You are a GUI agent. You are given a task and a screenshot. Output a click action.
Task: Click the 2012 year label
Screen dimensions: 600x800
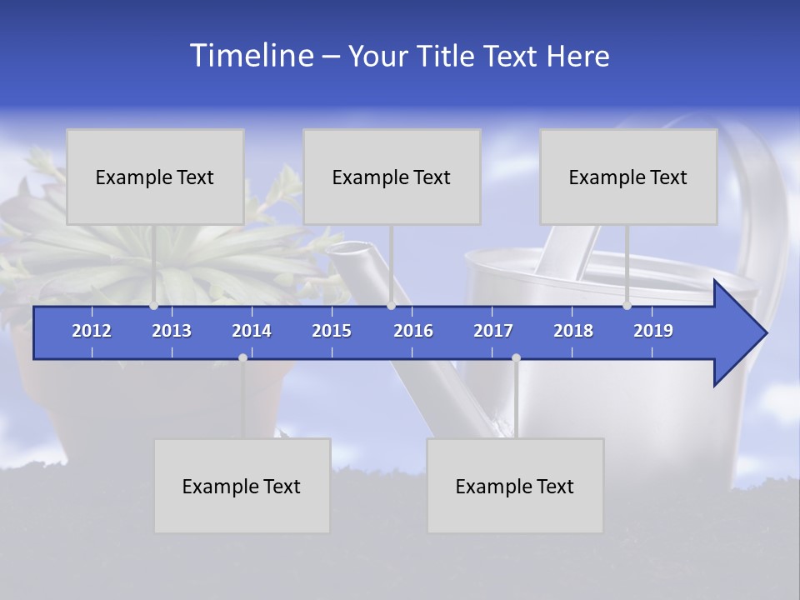[92, 331]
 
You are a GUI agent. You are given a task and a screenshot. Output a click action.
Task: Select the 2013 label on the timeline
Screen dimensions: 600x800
[172, 331]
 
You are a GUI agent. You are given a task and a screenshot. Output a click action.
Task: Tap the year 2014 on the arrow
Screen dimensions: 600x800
[252, 331]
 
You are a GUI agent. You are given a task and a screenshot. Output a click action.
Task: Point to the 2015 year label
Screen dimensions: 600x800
[332, 331]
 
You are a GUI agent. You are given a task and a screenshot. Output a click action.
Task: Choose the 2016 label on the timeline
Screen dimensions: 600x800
[413, 331]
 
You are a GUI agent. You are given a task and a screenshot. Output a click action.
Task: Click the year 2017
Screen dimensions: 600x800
[493, 331]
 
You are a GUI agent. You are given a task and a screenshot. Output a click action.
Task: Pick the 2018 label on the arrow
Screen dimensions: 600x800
[573, 331]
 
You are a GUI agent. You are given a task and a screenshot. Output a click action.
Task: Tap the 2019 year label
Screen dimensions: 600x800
[653, 331]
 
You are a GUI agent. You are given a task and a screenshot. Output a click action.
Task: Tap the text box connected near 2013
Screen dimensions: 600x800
[155, 177]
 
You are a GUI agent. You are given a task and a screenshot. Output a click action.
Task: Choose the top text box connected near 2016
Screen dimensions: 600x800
[392, 177]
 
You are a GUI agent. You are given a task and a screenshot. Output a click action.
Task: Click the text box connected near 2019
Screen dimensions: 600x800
[628, 177]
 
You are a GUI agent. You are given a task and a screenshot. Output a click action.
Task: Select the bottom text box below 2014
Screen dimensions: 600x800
[242, 486]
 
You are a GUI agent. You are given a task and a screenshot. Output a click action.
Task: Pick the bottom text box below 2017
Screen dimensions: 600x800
[515, 486]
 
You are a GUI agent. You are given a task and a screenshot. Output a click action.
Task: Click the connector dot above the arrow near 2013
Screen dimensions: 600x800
[153, 306]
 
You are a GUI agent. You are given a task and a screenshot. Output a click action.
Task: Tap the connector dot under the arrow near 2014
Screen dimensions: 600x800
[242, 357]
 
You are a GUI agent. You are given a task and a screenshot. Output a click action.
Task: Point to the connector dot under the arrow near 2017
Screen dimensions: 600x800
[516, 357]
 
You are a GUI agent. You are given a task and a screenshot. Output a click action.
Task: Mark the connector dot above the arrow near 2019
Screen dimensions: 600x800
[627, 306]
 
